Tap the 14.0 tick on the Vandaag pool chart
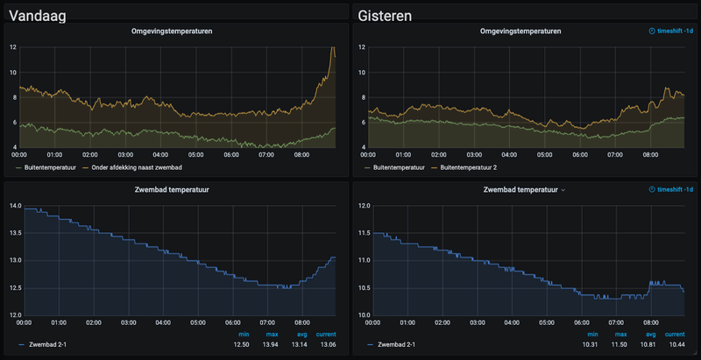[16, 206]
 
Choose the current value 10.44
[676, 345]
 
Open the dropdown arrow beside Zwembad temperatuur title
[563, 189]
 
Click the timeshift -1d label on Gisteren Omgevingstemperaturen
[669, 32]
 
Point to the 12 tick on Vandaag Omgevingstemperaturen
[14, 47]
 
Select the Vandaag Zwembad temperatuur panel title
[171, 188]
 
